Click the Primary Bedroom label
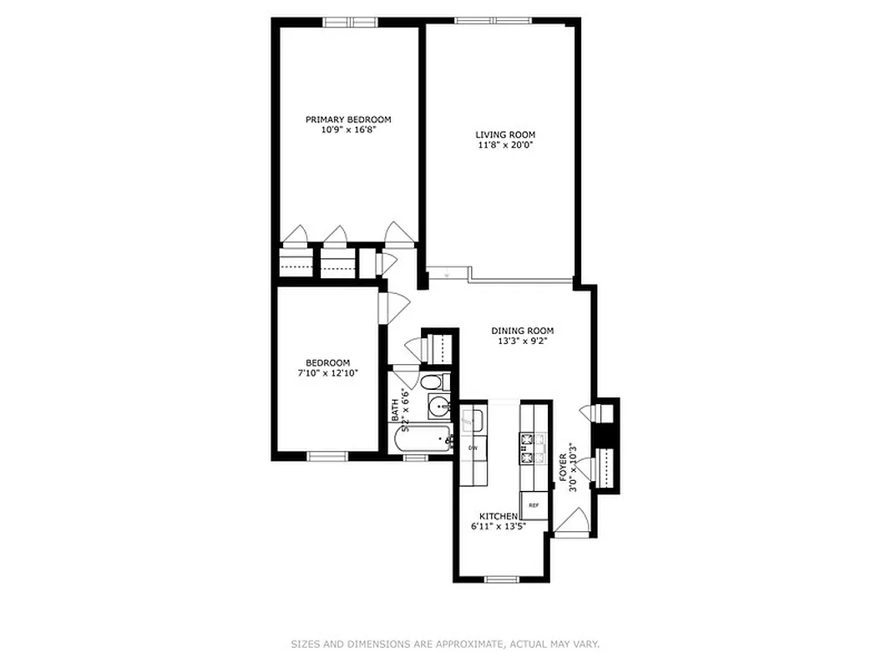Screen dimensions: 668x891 pyautogui.click(x=347, y=119)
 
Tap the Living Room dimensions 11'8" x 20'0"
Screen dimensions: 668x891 pyautogui.click(x=505, y=144)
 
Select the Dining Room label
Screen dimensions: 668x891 pyautogui.click(x=522, y=331)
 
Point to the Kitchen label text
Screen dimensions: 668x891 pyautogui.click(x=498, y=516)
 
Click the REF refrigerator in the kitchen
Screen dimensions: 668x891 pyautogui.click(x=534, y=506)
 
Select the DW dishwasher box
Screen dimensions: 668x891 pyautogui.click(x=472, y=448)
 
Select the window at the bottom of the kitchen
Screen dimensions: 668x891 pyautogui.click(x=502, y=579)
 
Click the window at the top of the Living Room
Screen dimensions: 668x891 pyautogui.click(x=498, y=19)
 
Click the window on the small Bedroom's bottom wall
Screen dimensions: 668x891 pyautogui.click(x=327, y=456)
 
